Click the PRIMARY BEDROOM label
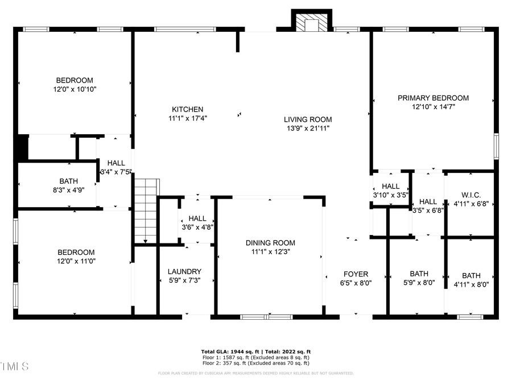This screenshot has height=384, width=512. click(433, 98)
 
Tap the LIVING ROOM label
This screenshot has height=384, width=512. click(308, 119)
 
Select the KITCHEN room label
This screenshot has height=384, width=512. click(188, 109)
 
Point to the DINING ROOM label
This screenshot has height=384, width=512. click(270, 243)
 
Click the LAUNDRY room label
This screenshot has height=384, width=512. click(184, 272)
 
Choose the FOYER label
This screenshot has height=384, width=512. click(356, 274)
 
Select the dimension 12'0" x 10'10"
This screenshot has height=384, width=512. click(75, 89)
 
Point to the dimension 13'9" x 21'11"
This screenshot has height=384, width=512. click(308, 129)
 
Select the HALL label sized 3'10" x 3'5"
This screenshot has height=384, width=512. click(390, 186)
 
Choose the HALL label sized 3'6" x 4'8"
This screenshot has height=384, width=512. click(197, 218)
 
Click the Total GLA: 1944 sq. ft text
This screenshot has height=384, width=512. click(233, 352)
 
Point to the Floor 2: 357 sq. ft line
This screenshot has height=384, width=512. click(255, 362)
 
